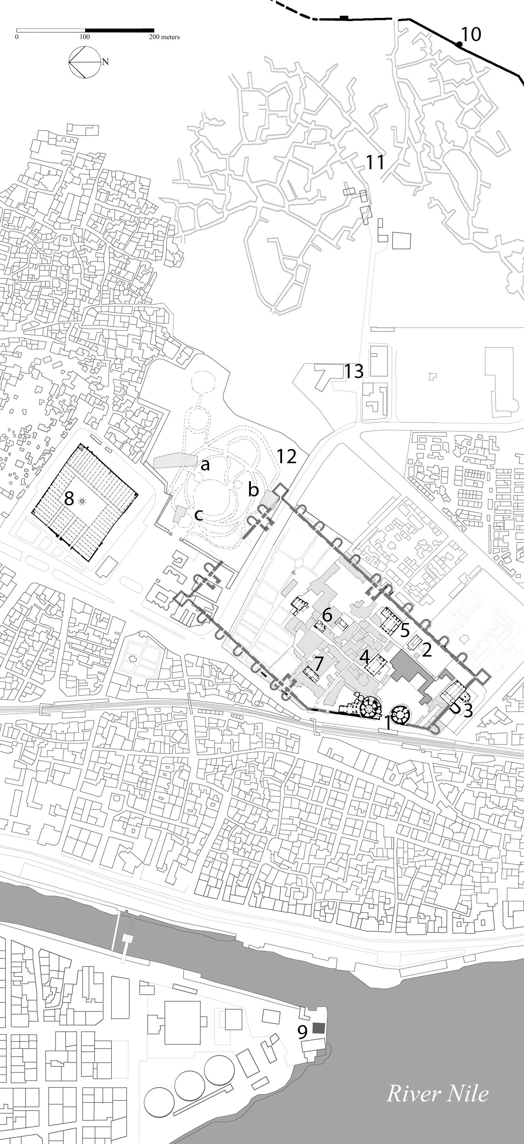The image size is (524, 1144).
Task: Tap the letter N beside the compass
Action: click(x=105, y=62)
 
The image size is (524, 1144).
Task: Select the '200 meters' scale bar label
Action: click(x=164, y=37)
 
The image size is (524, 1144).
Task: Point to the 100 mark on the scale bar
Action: click(x=84, y=37)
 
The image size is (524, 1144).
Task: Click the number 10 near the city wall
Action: click(x=471, y=34)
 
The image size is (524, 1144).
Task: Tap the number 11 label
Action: click(x=375, y=162)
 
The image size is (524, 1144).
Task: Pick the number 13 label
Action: click(x=354, y=371)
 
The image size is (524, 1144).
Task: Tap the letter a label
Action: click(x=205, y=465)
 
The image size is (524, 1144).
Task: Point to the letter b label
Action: click(x=253, y=489)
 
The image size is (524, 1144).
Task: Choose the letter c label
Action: click(x=199, y=515)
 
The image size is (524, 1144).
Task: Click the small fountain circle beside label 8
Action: click(x=82, y=501)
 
